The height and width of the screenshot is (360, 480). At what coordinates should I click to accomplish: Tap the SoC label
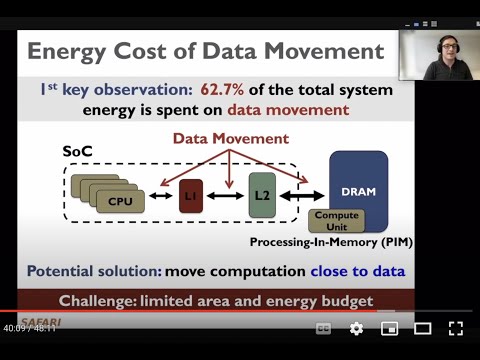tap(78, 149)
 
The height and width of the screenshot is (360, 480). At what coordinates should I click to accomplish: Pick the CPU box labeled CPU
tap(127, 199)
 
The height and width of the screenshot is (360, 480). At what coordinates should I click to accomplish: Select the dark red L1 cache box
tap(191, 197)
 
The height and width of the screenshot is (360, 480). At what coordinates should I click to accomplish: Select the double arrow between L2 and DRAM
tap(302, 197)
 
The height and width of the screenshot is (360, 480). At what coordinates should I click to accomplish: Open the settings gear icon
tap(356, 328)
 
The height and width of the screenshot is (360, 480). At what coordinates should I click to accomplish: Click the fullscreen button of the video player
tap(455, 328)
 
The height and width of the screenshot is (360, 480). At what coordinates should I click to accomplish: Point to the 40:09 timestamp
tap(13, 327)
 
